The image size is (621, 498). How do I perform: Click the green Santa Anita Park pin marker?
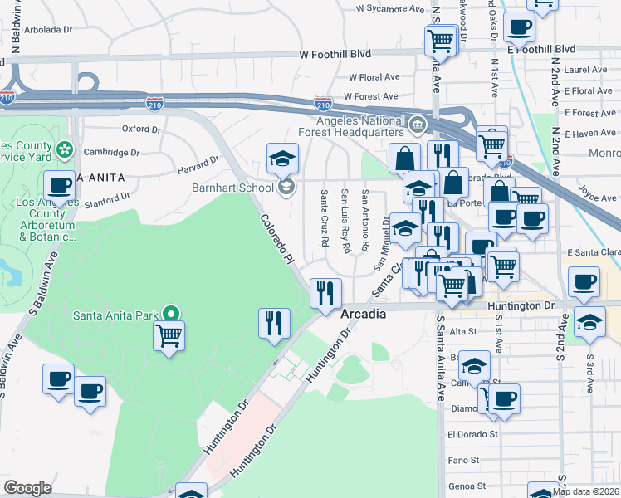(171, 314)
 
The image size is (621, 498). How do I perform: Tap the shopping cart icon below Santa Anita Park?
(169, 336)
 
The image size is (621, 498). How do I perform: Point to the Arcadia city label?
(364, 315)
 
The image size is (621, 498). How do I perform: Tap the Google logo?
(27, 487)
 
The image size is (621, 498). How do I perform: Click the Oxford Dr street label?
(141, 129)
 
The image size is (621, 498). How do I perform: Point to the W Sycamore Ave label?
(389, 9)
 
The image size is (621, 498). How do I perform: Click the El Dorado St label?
(472, 433)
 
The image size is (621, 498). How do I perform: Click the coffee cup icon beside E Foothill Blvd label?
(520, 27)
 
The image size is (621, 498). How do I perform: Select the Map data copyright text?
(586, 491)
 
